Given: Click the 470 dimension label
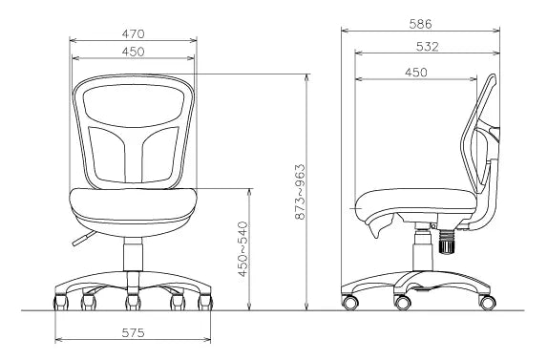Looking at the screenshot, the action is tap(133, 34).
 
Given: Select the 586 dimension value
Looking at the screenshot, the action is tap(420, 24).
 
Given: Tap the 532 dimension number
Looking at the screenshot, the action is tap(427, 47).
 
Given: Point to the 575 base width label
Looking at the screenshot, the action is tap(133, 332).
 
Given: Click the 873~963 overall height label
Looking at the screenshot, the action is tap(300, 192).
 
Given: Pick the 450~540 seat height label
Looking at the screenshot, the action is tap(242, 249).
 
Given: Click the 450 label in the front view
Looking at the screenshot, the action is tap(133, 52).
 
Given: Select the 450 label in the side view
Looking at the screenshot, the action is tap(416, 73).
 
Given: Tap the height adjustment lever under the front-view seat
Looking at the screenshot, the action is tap(84, 239).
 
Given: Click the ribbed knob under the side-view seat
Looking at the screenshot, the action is tap(446, 241).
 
